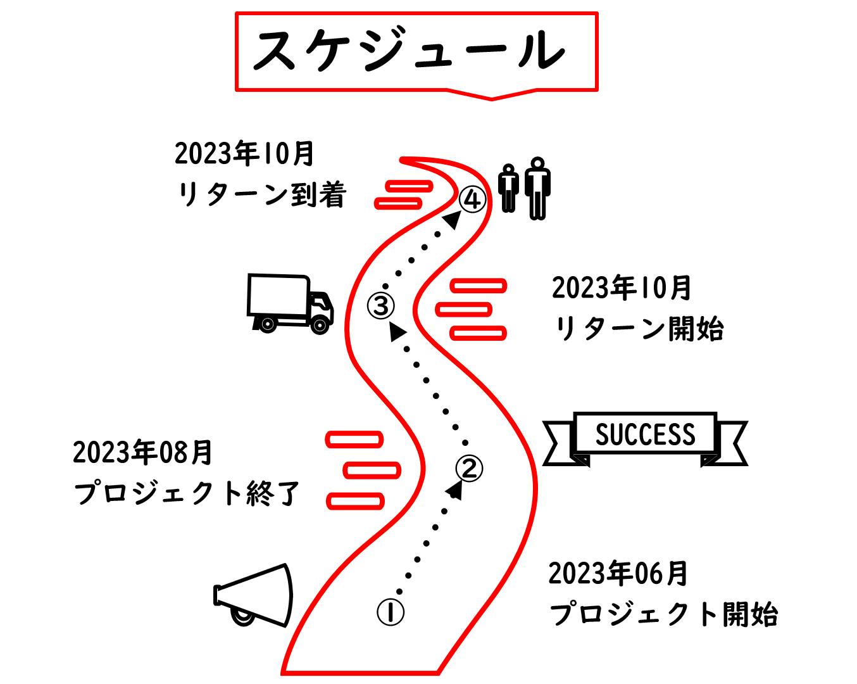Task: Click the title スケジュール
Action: pos(408,51)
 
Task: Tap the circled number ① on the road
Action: pos(391,612)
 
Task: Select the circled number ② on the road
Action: pos(469,469)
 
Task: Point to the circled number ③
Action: pos(381,306)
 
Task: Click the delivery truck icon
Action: pos(290,303)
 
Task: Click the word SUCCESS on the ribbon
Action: pos(645,434)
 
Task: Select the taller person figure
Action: pos(537,188)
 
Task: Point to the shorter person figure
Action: pos(508,188)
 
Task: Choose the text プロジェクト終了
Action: pos(187,494)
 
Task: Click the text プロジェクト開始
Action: pos(663,614)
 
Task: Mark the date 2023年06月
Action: pos(618,574)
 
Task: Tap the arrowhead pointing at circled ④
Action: pos(452,220)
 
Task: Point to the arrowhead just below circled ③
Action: pos(397,331)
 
